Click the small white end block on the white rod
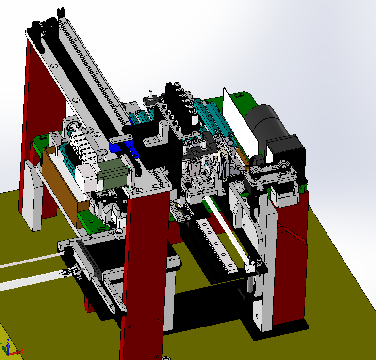(250, 266)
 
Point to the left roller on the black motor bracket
(256, 170)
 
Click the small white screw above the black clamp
(151, 91)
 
